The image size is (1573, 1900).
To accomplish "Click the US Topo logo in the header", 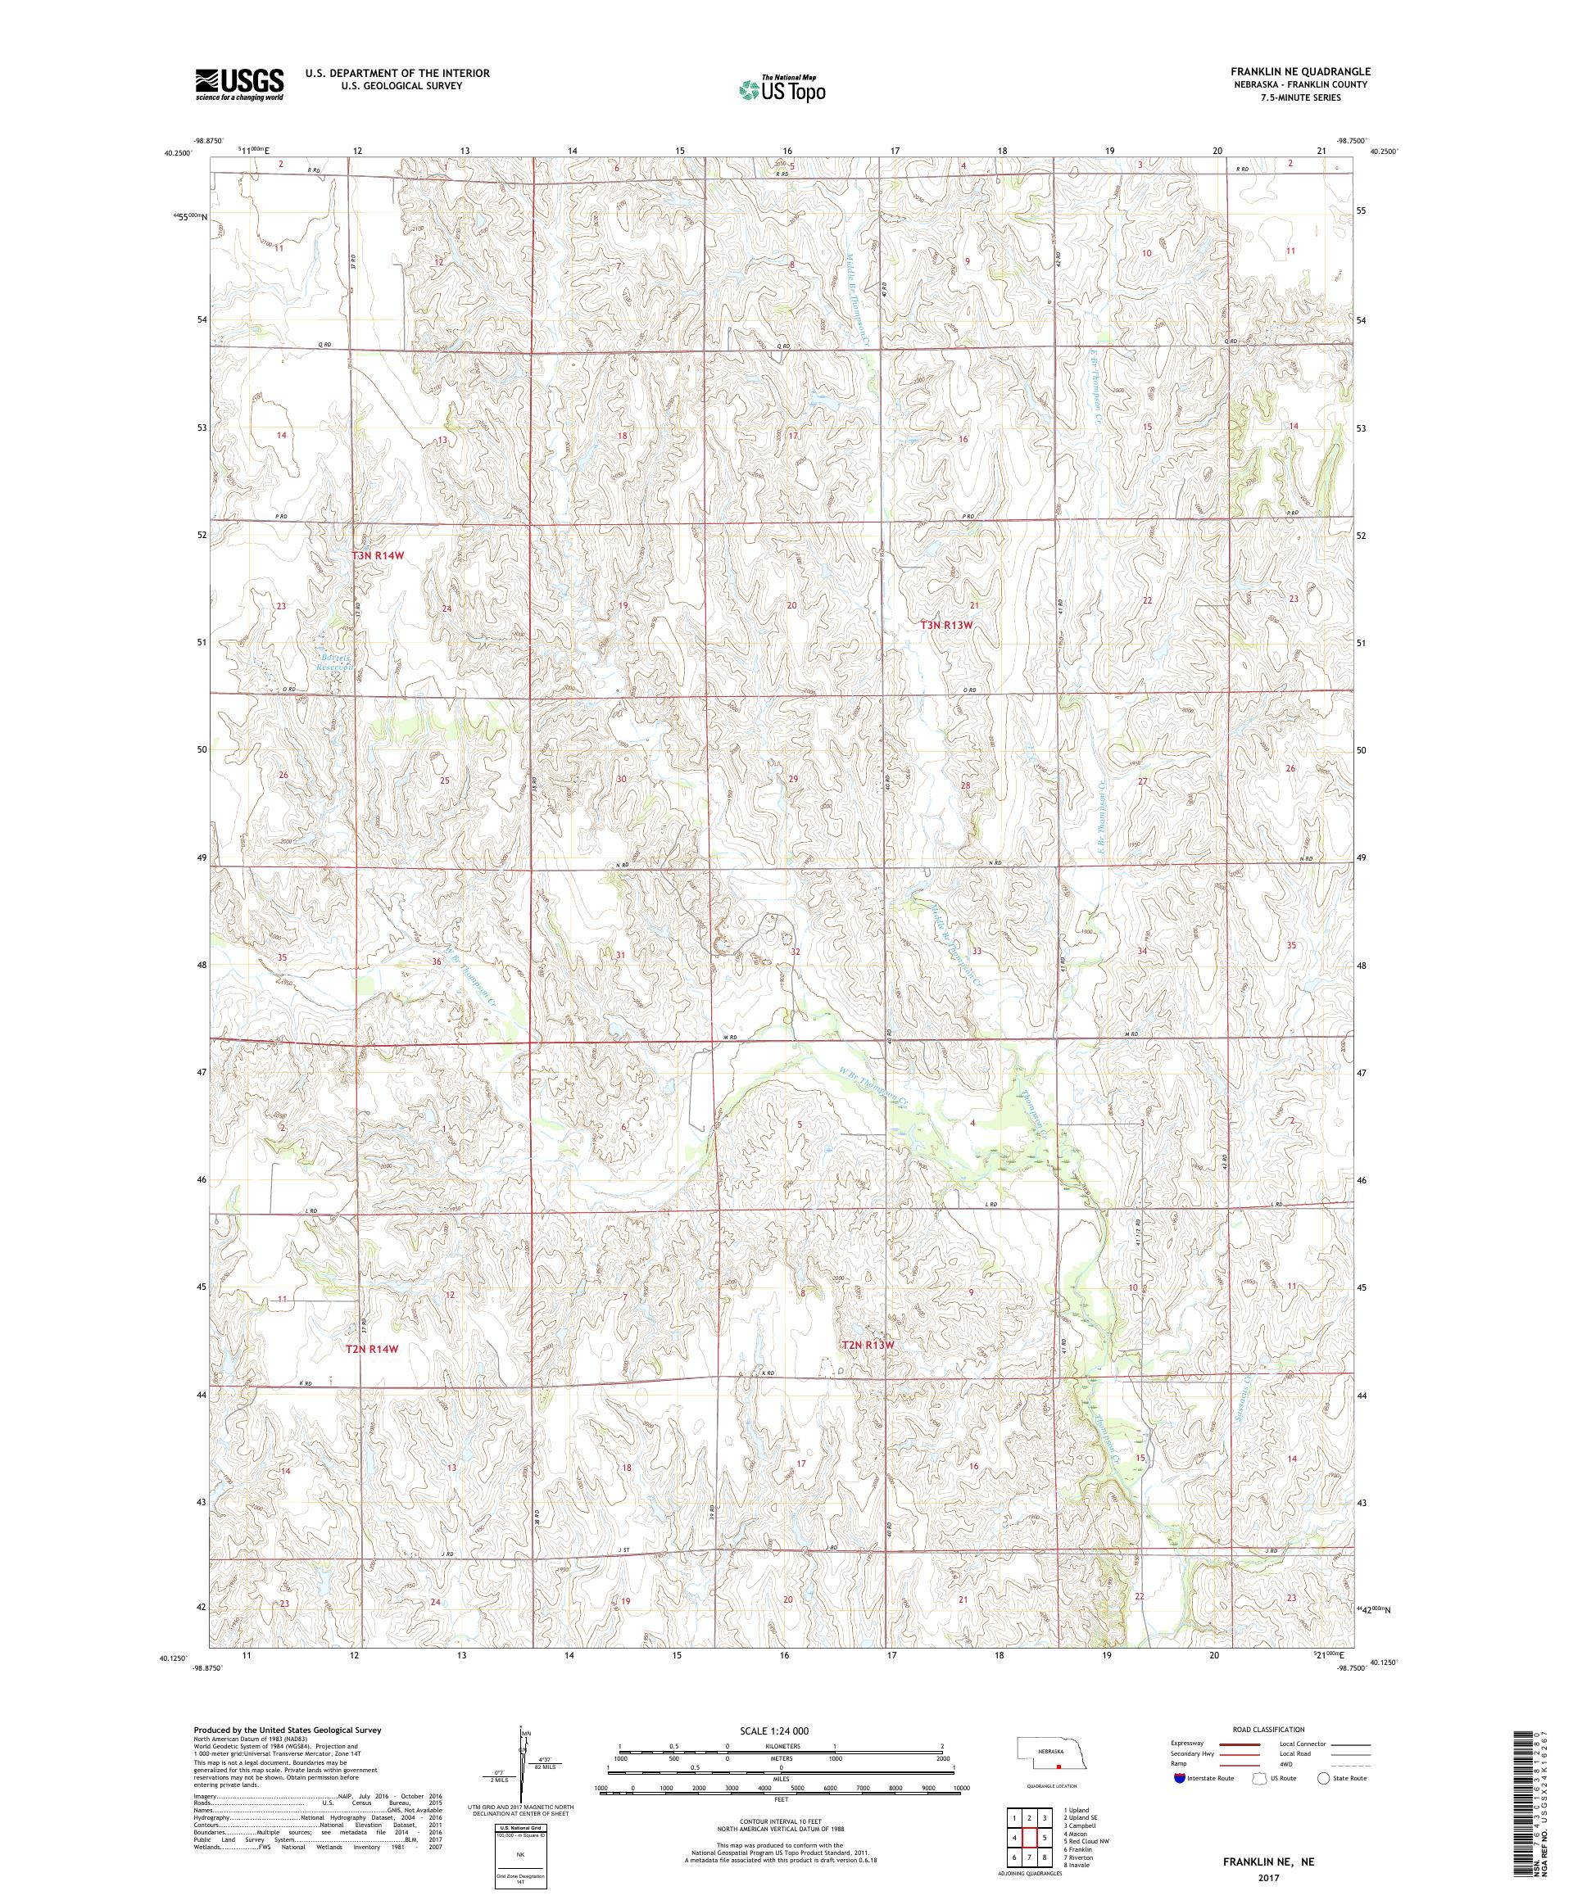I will coord(783,89).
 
